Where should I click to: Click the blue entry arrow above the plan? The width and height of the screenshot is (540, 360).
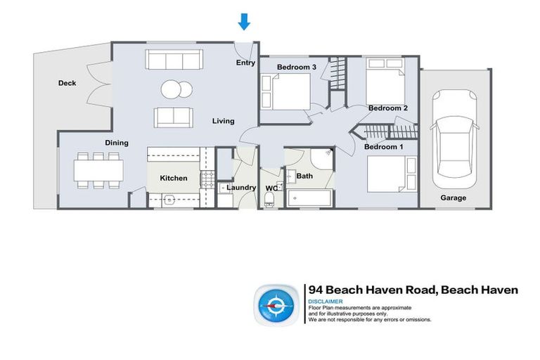(244, 22)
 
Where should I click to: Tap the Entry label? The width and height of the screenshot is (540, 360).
(245, 63)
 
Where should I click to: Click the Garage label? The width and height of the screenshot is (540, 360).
(454, 198)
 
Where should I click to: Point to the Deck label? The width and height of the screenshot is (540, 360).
(67, 83)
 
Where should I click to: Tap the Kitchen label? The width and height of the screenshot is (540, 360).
(174, 178)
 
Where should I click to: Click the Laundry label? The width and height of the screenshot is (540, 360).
(241, 188)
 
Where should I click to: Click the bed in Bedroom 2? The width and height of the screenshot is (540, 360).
(385, 83)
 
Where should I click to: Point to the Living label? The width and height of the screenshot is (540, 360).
(224, 121)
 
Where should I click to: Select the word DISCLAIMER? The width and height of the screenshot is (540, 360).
(326, 302)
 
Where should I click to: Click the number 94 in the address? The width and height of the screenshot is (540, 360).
(317, 290)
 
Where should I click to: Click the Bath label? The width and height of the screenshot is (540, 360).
(304, 176)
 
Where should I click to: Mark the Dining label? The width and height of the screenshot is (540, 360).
(117, 143)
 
